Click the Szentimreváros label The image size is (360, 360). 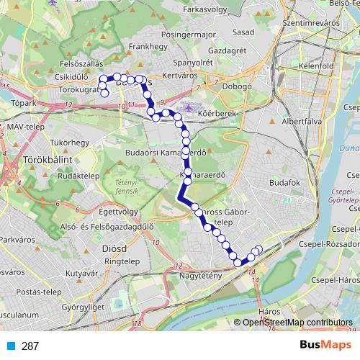(x=312, y=23)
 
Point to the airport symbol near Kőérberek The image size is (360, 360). (x=189, y=108)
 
